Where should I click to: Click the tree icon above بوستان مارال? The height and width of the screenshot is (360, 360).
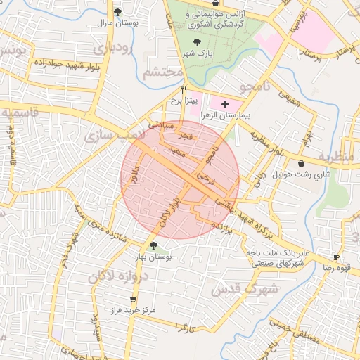[x=118, y=12]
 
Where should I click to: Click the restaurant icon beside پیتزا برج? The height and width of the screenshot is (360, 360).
[x=184, y=89]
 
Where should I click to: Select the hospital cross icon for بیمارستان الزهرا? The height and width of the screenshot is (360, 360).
[x=225, y=104]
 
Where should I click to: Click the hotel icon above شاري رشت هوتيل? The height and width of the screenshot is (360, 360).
[x=301, y=163]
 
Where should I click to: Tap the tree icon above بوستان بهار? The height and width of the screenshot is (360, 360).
[x=154, y=245]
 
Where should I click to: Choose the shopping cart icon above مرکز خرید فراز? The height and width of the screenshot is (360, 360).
[x=133, y=300]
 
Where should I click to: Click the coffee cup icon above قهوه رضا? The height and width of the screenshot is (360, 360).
[x=336, y=257]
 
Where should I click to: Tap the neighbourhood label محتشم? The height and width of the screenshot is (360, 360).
[x=162, y=72]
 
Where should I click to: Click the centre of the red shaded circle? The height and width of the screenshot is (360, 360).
[x=180, y=180]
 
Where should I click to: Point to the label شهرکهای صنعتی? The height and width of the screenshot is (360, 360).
[x=278, y=263]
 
